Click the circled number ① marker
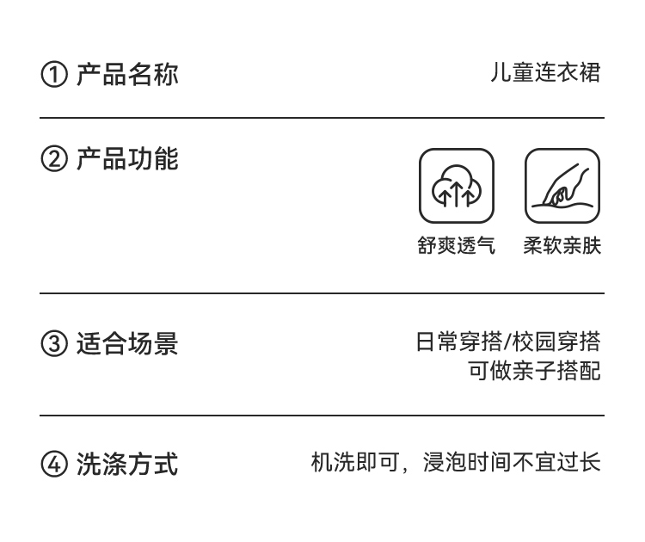pyautogui.click(x=54, y=75)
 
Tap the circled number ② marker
pyautogui.click(x=54, y=161)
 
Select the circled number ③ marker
pyautogui.click(x=54, y=345)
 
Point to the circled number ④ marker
pyautogui.click(x=54, y=465)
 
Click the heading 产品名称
pyautogui.click(x=127, y=74)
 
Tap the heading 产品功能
pyautogui.click(x=127, y=160)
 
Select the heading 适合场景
pyautogui.click(x=127, y=344)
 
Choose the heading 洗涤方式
pyautogui.click(x=127, y=465)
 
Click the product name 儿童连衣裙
pyautogui.click(x=544, y=73)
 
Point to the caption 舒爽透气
pyautogui.click(x=457, y=246)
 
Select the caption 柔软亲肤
pyautogui.click(x=562, y=246)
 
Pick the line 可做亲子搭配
pyautogui.click(x=533, y=371)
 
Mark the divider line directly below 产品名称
pyautogui.click(x=322, y=118)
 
